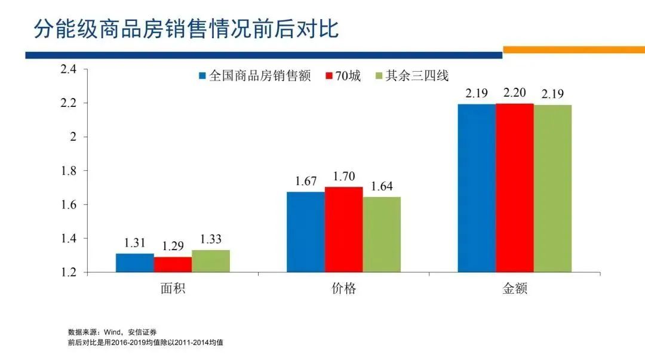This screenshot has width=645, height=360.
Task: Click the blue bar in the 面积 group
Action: [134, 263]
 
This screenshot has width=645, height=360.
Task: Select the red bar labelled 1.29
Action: [173, 264]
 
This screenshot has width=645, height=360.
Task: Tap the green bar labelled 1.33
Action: [211, 261]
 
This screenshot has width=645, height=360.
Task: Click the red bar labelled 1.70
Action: [343, 229]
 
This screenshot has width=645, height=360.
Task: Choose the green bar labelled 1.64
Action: [382, 235]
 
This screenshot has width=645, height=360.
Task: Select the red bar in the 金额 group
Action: [514, 187]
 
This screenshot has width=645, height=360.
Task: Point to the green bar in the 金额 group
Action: [552, 188]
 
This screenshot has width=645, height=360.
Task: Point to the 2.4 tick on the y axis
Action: [69, 69]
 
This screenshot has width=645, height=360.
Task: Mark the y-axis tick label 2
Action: [74, 137]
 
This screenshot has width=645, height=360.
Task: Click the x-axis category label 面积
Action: [173, 289]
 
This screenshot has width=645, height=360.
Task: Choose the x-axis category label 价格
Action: [343, 289]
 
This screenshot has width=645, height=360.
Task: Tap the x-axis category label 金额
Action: [514, 289]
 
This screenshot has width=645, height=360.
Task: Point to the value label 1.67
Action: [305, 181]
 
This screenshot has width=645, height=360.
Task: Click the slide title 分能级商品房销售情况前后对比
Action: [186, 28]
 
